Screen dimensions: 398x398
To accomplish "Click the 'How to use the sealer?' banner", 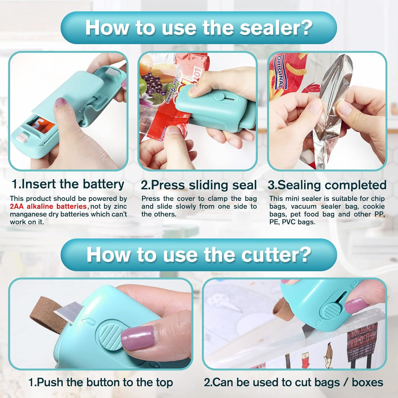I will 199,28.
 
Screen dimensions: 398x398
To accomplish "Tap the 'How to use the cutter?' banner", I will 199,254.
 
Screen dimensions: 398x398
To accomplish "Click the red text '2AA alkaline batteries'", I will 48,206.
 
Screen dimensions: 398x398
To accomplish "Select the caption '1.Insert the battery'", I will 68,184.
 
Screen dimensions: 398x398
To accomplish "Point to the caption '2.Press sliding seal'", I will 199,185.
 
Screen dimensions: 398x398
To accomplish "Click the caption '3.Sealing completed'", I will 327,185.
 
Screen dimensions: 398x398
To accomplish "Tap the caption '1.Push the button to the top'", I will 101,382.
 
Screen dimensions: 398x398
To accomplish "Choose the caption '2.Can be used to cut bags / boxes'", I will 293,382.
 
